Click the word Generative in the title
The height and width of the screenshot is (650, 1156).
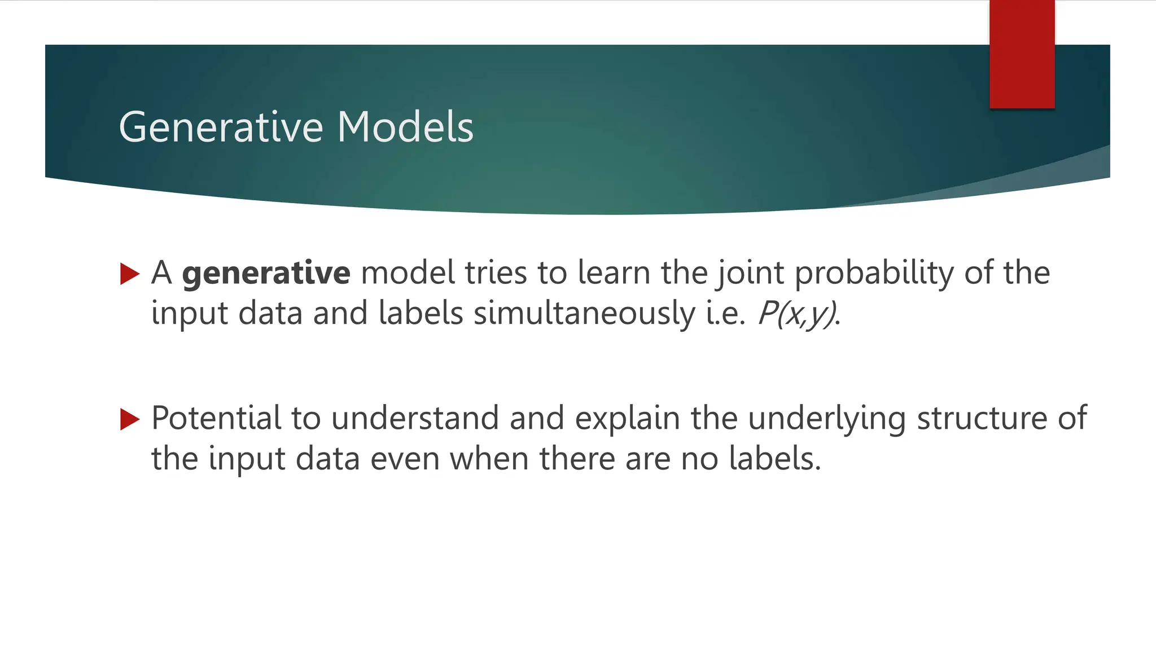tap(221, 128)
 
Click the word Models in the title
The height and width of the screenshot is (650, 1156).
tap(405, 128)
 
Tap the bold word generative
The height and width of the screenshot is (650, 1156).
tap(266, 274)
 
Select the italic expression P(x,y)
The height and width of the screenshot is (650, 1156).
tap(796, 314)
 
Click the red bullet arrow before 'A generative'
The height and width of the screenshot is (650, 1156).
tap(130, 274)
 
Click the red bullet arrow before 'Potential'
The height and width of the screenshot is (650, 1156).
tap(130, 419)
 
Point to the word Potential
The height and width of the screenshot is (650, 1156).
tap(216, 419)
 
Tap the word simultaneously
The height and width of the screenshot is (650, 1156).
tap(584, 314)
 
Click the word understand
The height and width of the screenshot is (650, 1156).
tap(415, 419)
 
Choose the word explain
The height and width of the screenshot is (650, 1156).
tap(627, 419)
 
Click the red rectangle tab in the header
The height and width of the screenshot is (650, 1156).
tap(1022, 54)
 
